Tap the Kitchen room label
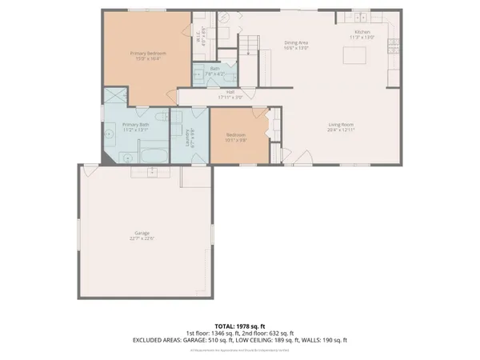pyautogui.click(x=360, y=32)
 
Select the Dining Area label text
pyautogui.click(x=297, y=43)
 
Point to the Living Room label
pyautogui.click(x=342, y=124)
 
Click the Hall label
pyautogui.click(x=230, y=92)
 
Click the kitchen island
pyautogui.click(x=354, y=56)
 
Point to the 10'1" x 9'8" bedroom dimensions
pyautogui.click(x=235, y=140)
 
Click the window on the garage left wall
pyautogui.click(x=78, y=233)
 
